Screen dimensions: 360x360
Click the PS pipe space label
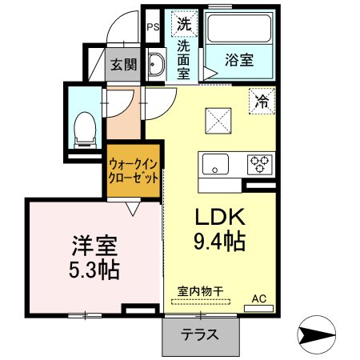point(153,27)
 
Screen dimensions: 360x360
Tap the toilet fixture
point(85,130)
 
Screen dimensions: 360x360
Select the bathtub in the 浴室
point(239,28)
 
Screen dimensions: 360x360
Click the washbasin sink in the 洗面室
point(156,65)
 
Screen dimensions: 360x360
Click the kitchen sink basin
point(215,164)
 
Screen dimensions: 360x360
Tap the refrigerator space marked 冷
point(262,101)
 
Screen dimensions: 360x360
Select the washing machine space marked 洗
point(184,24)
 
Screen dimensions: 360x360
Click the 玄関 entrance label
point(124,65)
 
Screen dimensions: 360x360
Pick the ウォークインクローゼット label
point(134,171)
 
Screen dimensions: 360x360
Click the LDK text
point(220,217)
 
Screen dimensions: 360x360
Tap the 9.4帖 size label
point(219,242)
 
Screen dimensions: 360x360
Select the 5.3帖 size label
point(94,270)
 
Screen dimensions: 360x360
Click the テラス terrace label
point(200,334)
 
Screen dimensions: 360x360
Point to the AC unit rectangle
point(259,309)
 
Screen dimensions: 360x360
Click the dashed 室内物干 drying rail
point(201,302)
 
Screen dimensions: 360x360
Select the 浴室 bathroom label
point(239,60)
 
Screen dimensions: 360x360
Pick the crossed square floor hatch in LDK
point(218,121)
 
